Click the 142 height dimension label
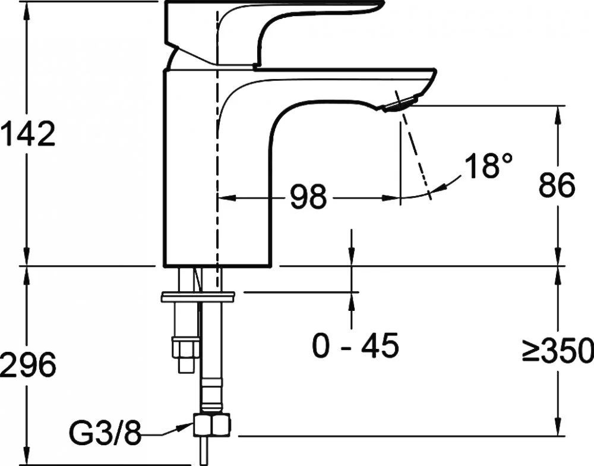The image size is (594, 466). [28, 134]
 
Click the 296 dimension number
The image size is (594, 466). [28, 364]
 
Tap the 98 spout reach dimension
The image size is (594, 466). [308, 197]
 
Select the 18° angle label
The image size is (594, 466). [488, 165]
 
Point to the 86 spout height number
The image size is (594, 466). [557, 185]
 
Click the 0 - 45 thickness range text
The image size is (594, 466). [355, 345]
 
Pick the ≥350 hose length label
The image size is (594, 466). [558, 349]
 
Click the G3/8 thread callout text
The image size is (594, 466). [105, 433]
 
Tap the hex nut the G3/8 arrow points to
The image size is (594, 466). [212, 424]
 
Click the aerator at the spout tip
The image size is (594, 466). [400, 104]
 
